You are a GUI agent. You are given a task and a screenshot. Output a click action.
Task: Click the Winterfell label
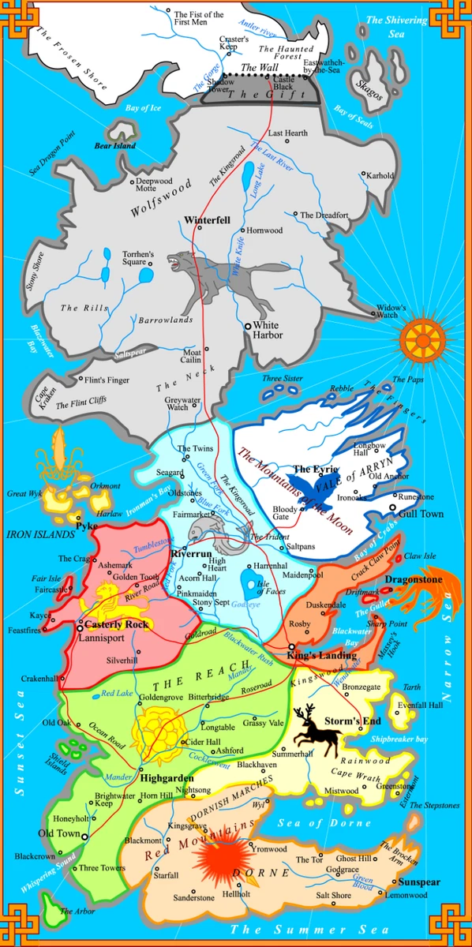(x=207, y=219)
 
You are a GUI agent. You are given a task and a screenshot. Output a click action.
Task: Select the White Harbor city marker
(x=246, y=325)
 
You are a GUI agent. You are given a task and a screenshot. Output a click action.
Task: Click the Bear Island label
(x=115, y=146)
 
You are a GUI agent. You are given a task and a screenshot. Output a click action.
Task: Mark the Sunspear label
(x=418, y=881)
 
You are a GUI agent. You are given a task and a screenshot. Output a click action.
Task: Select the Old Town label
(x=60, y=833)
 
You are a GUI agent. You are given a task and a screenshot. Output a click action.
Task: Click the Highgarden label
(x=167, y=777)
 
